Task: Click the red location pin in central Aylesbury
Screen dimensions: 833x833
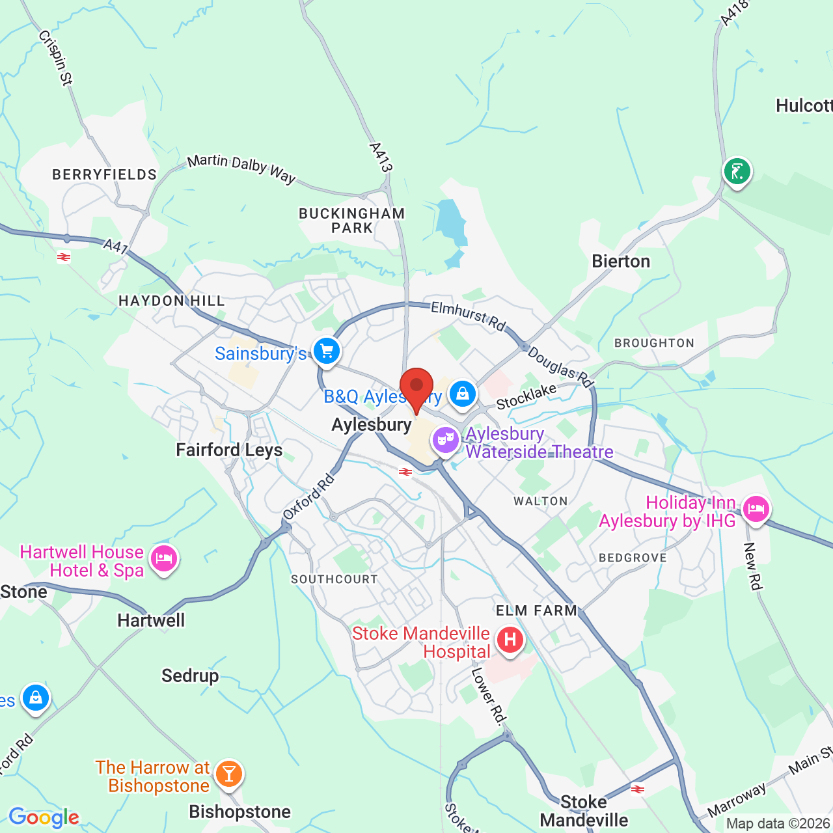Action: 416,388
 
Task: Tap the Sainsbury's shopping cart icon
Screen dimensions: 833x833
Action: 327,351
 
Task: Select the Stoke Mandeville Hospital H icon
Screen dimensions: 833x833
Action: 510,640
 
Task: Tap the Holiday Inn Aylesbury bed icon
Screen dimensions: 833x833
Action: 756,508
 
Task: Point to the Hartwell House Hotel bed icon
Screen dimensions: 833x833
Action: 164,558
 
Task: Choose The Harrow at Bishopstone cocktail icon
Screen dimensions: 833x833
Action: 228,774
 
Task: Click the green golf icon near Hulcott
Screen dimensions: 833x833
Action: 737,172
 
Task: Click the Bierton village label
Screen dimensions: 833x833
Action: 621,262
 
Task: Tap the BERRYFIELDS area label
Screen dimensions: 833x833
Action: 105,174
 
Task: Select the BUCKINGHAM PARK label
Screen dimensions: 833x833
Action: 352,221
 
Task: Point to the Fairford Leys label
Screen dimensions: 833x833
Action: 229,450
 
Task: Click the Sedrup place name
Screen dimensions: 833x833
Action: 190,676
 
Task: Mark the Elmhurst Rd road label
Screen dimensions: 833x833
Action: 469,316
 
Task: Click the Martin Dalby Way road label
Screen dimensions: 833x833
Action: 241,169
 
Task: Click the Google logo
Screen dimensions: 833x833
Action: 44,817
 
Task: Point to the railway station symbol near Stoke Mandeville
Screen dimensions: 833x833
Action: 638,789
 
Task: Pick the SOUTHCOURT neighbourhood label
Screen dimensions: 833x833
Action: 335,579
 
